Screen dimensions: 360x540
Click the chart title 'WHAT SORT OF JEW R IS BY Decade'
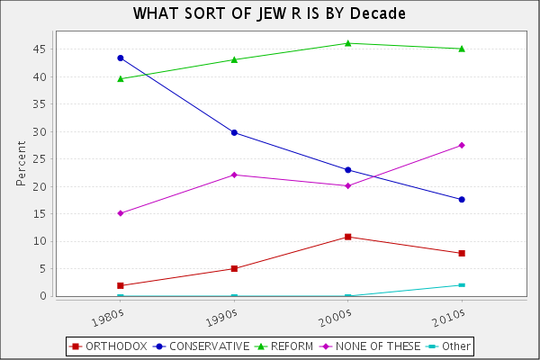269,13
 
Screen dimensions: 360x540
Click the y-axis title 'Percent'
21,162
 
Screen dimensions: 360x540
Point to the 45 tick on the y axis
41,49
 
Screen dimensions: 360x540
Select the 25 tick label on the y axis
41,159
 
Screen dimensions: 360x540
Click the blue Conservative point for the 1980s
121,58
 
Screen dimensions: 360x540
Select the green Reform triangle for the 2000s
348,43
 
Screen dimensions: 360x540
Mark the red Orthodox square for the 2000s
348,237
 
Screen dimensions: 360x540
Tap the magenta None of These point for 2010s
462,145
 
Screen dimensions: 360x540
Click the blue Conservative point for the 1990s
234,132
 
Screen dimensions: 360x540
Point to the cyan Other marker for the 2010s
462,285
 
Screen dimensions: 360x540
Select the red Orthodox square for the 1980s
121,285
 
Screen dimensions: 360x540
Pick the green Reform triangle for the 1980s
121,78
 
